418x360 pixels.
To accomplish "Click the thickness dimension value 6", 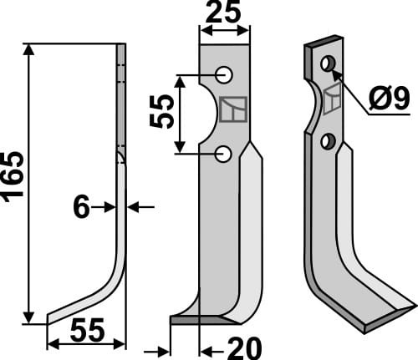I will coord(81,206).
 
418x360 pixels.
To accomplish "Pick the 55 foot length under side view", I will coord(87,332).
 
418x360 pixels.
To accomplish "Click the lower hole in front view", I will coord(223,153).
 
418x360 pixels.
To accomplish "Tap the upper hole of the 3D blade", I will coord(328,63).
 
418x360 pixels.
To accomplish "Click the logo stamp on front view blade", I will coord(231,110).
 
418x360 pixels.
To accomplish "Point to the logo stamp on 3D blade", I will coord(333,98).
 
